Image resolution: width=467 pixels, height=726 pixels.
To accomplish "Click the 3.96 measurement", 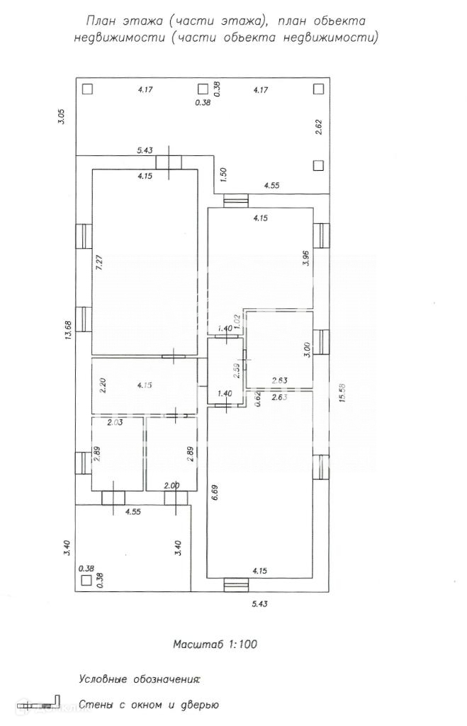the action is pyautogui.click(x=306, y=259).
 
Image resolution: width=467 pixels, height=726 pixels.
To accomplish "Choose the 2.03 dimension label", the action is pyautogui.click(x=115, y=423).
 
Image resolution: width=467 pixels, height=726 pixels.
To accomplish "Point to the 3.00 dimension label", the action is pyautogui.click(x=306, y=350).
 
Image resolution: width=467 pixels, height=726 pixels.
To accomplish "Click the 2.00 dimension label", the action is pyautogui.click(x=171, y=486).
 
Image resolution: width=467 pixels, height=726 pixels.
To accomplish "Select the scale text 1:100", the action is pyautogui.click(x=242, y=644).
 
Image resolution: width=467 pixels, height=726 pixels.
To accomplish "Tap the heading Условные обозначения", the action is pyautogui.click(x=140, y=679).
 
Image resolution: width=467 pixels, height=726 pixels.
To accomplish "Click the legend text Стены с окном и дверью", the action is pyautogui.click(x=148, y=705).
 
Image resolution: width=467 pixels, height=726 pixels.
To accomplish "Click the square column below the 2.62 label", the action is pyautogui.click(x=317, y=165).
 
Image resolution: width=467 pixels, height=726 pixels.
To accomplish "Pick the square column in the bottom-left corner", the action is pyautogui.click(x=86, y=580).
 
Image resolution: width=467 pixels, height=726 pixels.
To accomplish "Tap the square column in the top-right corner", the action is pyautogui.click(x=317, y=89).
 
